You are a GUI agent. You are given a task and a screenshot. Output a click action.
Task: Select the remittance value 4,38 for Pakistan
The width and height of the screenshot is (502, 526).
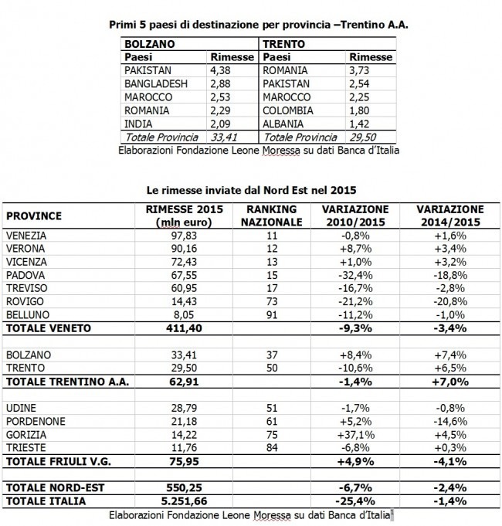coord(220,68)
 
